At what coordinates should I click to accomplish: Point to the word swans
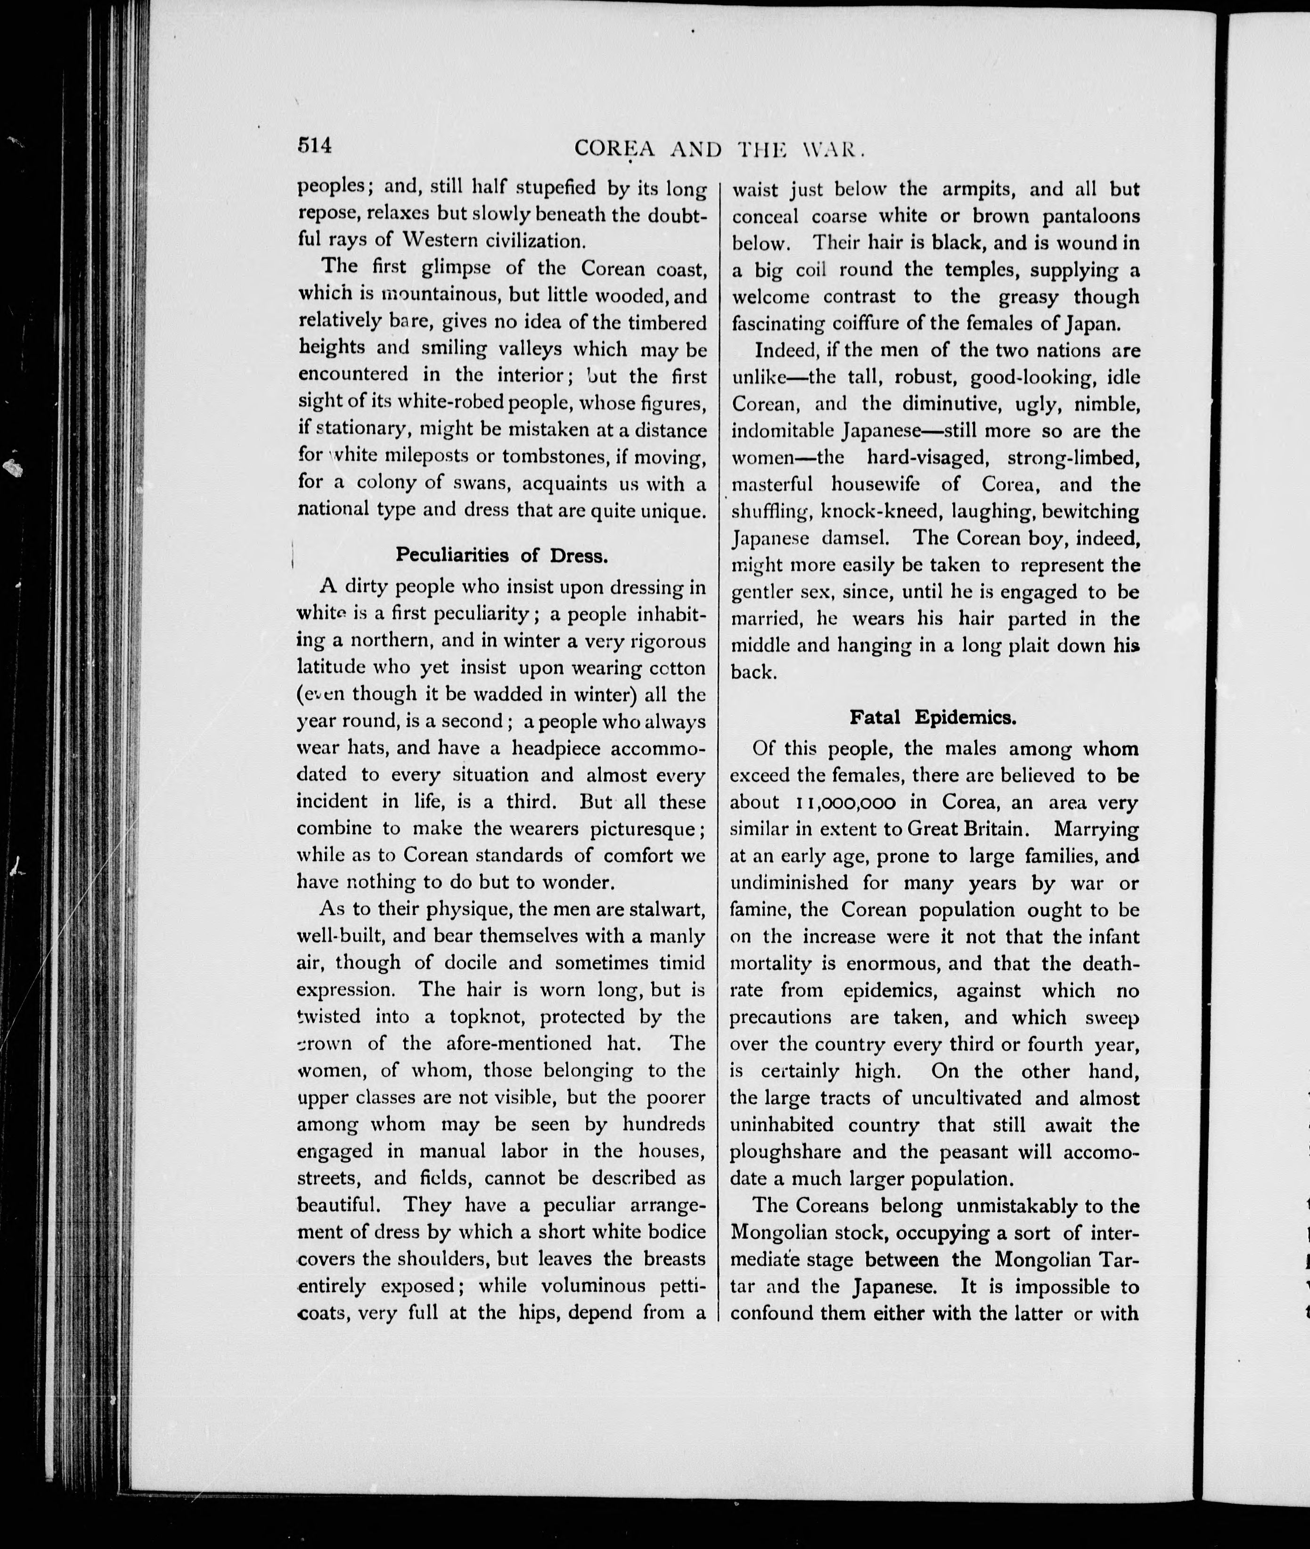click(x=483, y=483)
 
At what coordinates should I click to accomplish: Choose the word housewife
click(x=875, y=485)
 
